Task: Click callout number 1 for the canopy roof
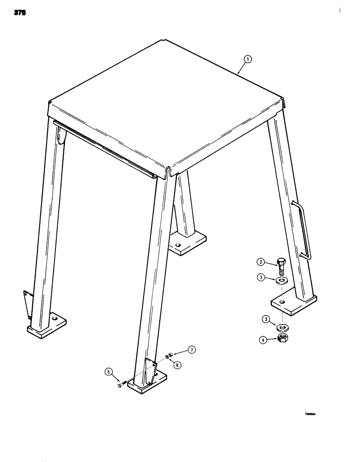(x=248, y=59)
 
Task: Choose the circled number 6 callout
(x=178, y=365)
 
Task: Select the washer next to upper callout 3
(x=283, y=280)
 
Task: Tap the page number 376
(x=19, y=13)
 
